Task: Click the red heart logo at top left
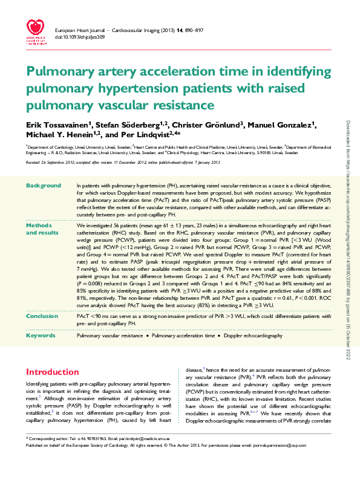[34, 28]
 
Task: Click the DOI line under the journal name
[79, 37]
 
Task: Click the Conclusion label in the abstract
[42, 316]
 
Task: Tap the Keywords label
[41, 334]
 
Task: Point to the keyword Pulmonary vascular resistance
[109, 334]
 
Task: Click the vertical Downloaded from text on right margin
[349, 242]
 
